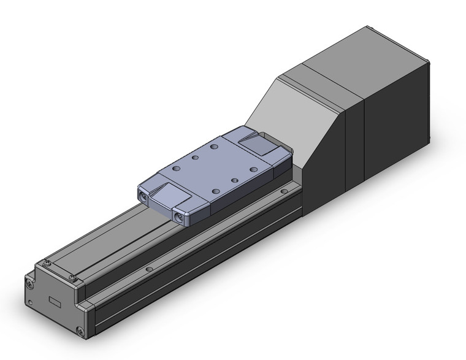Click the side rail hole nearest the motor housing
pos(283,193)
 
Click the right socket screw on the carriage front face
pos(179,215)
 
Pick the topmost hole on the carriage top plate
pos(214,147)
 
